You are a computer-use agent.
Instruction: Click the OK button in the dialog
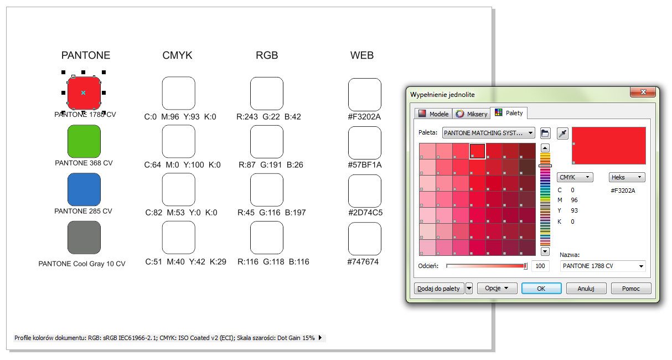(x=541, y=288)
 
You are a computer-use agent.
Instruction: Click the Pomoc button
(x=630, y=288)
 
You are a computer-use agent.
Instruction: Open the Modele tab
(x=433, y=114)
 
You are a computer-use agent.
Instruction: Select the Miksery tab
(x=471, y=114)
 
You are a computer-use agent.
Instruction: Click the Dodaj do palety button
(x=438, y=288)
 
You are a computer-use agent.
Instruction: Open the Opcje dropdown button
(x=497, y=288)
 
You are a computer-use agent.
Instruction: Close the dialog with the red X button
(x=643, y=92)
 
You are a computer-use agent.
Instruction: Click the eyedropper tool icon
(x=562, y=133)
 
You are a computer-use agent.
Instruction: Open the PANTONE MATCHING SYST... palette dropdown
(x=488, y=133)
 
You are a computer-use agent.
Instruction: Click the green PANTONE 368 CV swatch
(x=84, y=141)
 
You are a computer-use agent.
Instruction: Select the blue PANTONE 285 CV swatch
(x=84, y=189)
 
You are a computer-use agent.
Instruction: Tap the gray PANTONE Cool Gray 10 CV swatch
(x=84, y=238)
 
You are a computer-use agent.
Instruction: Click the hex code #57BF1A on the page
(x=364, y=165)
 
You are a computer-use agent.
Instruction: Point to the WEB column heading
(x=362, y=55)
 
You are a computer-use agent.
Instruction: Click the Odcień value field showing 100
(x=540, y=266)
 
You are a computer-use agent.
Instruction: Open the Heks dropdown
(x=627, y=177)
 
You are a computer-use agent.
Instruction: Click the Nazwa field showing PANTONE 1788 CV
(x=603, y=266)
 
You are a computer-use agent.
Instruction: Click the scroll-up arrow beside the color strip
(x=545, y=148)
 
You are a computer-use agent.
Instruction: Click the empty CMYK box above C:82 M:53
(x=178, y=189)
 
